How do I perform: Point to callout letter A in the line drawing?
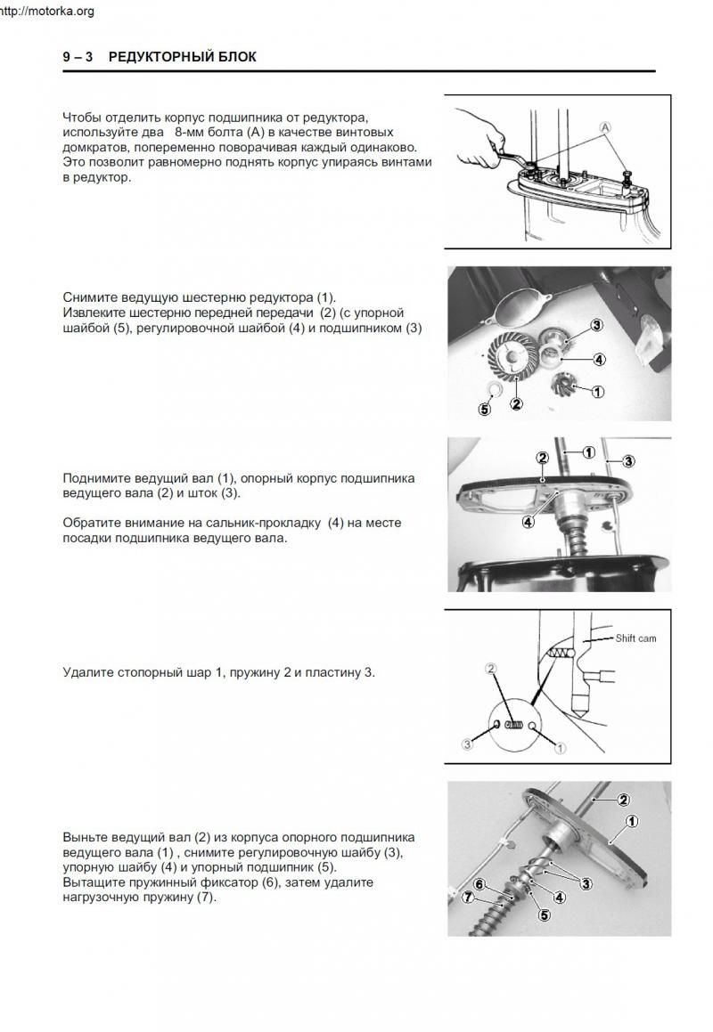click(606, 127)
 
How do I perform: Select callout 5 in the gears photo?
click(485, 410)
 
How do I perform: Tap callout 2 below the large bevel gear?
click(516, 403)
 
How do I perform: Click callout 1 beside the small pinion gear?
click(597, 390)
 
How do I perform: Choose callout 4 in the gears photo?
click(599, 360)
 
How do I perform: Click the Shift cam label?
click(635, 638)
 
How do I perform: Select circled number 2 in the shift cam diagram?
click(490, 668)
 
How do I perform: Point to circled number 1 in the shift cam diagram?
click(560, 748)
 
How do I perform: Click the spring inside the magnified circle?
click(512, 725)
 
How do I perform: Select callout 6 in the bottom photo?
click(479, 884)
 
